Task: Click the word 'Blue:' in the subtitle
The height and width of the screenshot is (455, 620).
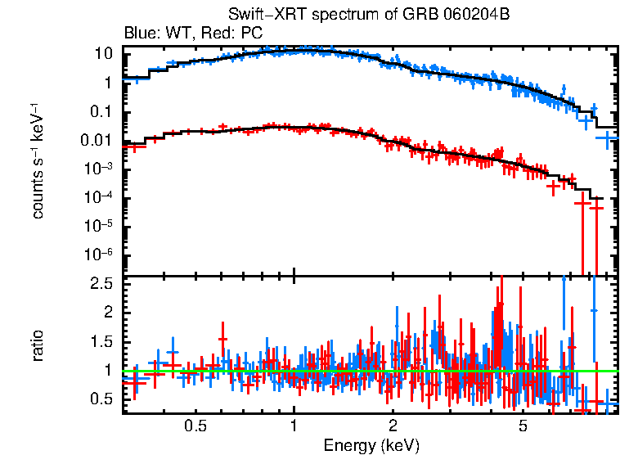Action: point(140,34)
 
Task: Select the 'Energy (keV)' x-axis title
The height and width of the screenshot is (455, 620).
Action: point(371,445)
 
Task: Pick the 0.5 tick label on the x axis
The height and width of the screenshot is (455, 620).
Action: point(195,426)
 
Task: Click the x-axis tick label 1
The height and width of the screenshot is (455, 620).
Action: point(294,426)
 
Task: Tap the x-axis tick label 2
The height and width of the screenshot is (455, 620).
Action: point(393,426)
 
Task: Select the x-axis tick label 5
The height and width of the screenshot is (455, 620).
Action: point(523,426)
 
